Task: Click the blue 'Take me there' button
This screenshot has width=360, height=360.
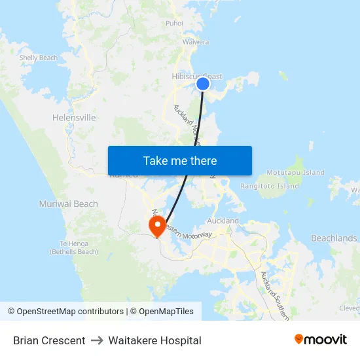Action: tap(179, 160)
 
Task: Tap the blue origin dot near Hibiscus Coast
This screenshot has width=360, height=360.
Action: tap(203, 83)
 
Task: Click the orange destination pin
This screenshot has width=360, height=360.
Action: tap(157, 226)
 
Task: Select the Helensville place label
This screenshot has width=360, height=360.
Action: tap(74, 118)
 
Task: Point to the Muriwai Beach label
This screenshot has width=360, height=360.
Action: tap(68, 204)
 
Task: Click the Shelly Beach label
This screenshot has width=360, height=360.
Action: tap(39, 58)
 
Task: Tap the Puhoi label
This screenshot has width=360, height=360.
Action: tap(174, 23)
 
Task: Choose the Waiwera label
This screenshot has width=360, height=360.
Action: tap(196, 42)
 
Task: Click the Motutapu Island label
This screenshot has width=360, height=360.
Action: tap(297, 173)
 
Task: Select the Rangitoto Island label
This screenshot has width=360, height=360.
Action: tap(270, 186)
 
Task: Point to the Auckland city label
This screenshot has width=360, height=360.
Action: tap(223, 221)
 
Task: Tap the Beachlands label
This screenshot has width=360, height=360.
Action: tap(334, 238)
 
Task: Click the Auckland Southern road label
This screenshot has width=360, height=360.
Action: tap(274, 295)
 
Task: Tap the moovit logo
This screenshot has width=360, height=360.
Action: tap(320, 339)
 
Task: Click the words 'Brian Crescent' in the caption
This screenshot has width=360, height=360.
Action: tap(49, 340)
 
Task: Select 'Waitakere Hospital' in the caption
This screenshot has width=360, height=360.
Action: tap(154, 340)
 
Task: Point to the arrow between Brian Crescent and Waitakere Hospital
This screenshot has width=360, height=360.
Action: tap(97, 340)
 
